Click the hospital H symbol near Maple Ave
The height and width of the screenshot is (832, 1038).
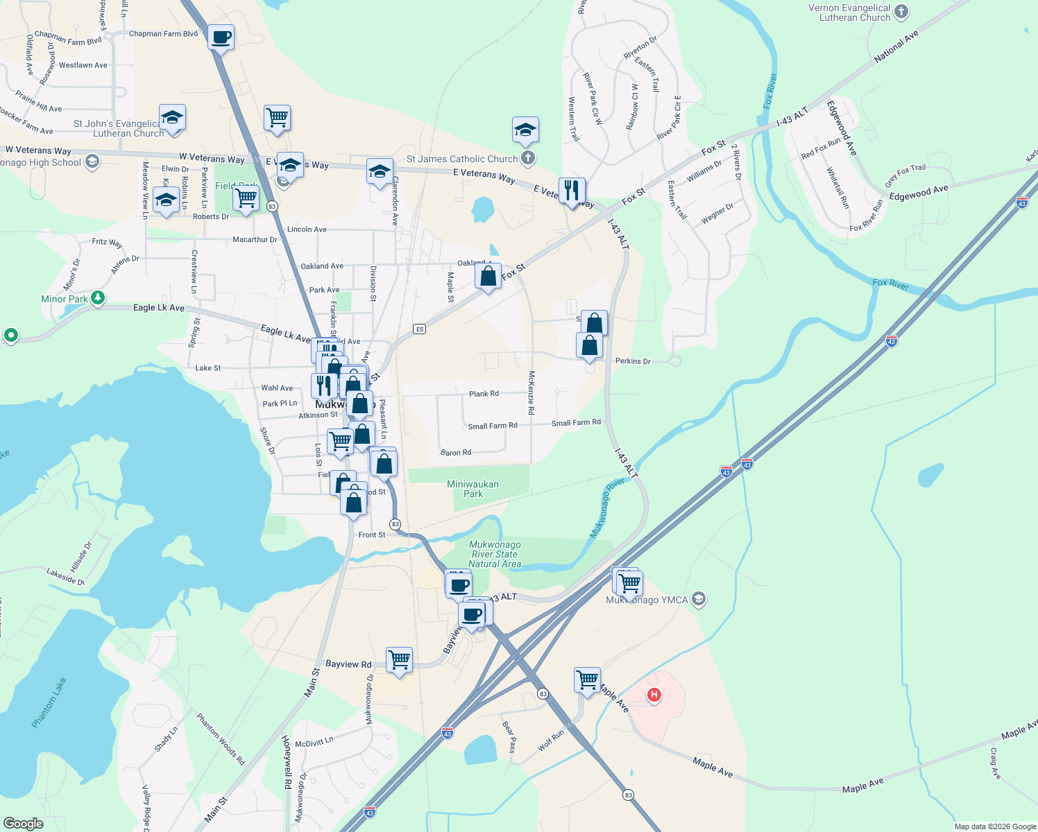point(654,695)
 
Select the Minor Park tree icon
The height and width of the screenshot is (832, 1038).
point(98,298)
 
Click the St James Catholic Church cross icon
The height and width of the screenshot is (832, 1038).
point(528,158)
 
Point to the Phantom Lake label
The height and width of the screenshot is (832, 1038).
point(49,702)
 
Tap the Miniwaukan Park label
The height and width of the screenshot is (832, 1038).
point(473,489)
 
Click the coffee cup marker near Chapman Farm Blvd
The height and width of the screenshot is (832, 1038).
point(221,37)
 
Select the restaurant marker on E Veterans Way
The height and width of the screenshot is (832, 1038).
point(572,189)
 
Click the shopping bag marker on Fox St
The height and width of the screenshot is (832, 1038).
point(488,276)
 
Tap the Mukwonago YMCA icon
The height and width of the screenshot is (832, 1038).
point(699,599)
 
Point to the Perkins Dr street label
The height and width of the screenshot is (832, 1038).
point(633,361)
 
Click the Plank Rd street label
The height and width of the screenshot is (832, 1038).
point(484,394)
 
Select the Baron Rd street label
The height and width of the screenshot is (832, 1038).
point(456,453)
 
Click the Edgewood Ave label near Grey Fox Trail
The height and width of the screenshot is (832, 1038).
point(919,193)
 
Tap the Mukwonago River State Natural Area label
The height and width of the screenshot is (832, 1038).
point(495,554)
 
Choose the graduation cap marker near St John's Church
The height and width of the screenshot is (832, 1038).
point(172,117)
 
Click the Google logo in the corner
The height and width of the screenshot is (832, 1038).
point(23,823)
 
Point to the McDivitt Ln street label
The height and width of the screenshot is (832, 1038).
point(314,742)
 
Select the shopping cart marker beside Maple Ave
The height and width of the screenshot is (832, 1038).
point(587,679)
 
